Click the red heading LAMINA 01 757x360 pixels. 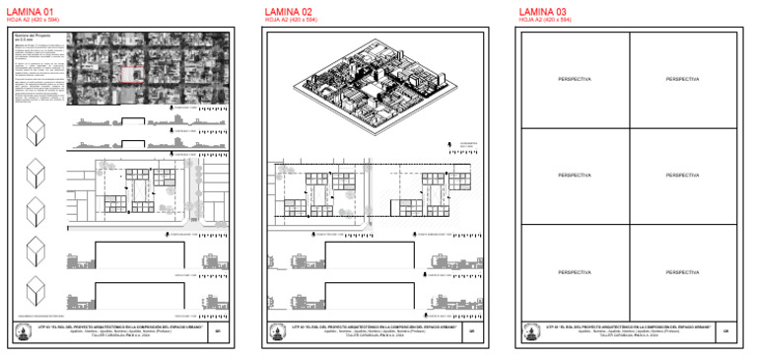tap(33, 11)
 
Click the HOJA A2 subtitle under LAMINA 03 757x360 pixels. tap(542, 20)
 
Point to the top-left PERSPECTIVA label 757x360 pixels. tap(575, 79)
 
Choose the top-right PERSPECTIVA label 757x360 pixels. tap(683, 79)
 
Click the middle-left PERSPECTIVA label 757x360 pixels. tap(575, 176)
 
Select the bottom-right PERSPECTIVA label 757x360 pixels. tap(683, 271)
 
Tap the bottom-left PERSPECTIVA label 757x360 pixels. tap(575, 271)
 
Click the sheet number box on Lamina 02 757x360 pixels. tap(471, 332)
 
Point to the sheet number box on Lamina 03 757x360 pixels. tap(724, 332)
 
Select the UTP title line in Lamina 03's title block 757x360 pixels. tap(627, 325)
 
